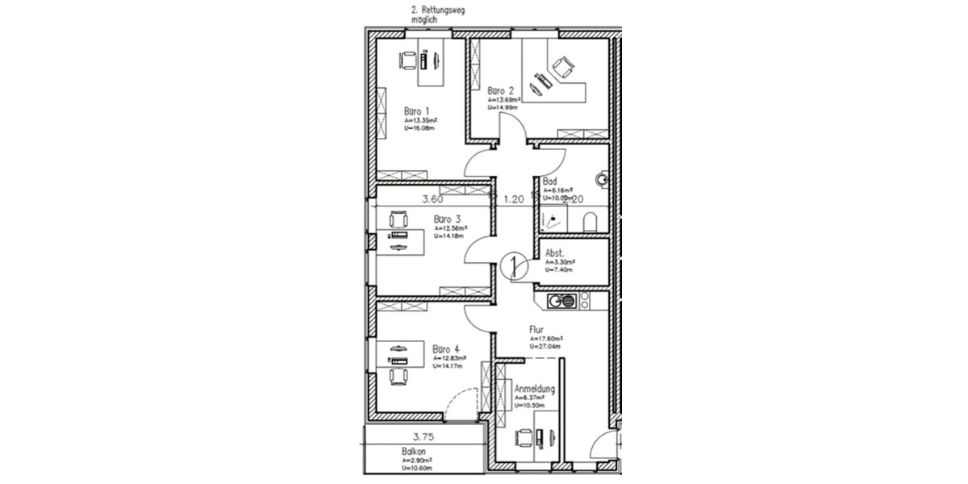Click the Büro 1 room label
coord(417,111)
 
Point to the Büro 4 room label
coord(445,349)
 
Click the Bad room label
coord(550,181)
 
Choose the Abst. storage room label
coord(555,252)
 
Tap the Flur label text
coord(536,329)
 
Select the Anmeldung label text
coord(534,388)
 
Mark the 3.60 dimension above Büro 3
coord(433,198)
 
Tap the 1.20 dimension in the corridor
coord(514,198)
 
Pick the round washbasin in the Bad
coord(602,178)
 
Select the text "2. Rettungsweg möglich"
coord(438,15)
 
